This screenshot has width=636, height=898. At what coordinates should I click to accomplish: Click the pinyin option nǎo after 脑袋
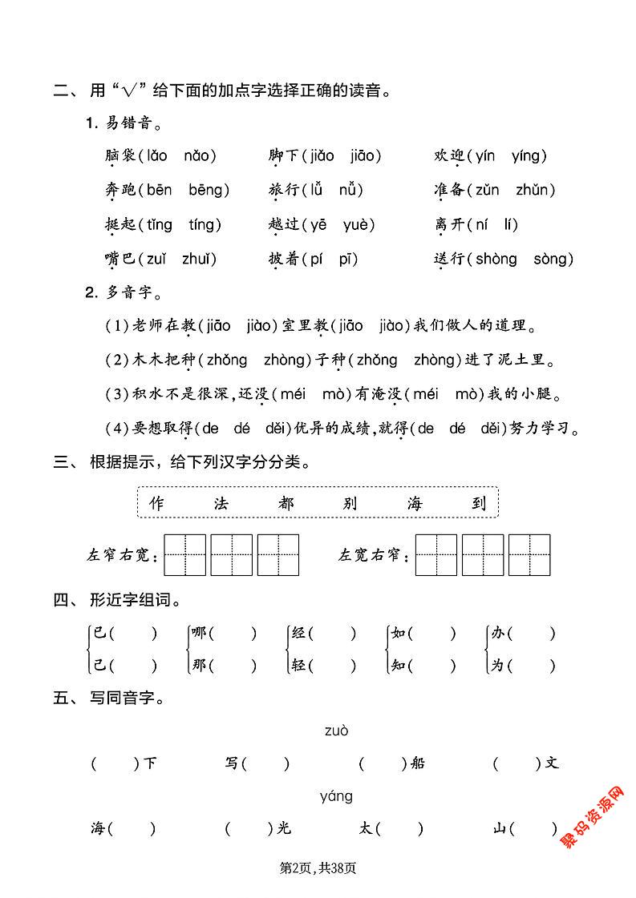point(200,156)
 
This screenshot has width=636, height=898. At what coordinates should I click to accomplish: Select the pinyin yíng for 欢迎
point(528,156)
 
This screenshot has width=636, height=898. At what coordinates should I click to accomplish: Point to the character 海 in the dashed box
point(414,503)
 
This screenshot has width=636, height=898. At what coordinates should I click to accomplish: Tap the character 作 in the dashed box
point(156,503)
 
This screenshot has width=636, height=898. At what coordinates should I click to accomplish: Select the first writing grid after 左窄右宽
point(184,554)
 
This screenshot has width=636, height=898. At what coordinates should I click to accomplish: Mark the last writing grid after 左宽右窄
point(529,554)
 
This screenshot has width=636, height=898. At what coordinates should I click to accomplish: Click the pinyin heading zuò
point(337,731)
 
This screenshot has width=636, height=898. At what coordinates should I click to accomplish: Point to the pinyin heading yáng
point(336,796)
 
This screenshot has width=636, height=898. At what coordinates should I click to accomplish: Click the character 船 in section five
point(416,763)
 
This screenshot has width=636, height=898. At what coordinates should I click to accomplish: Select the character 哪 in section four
point(198,634)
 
